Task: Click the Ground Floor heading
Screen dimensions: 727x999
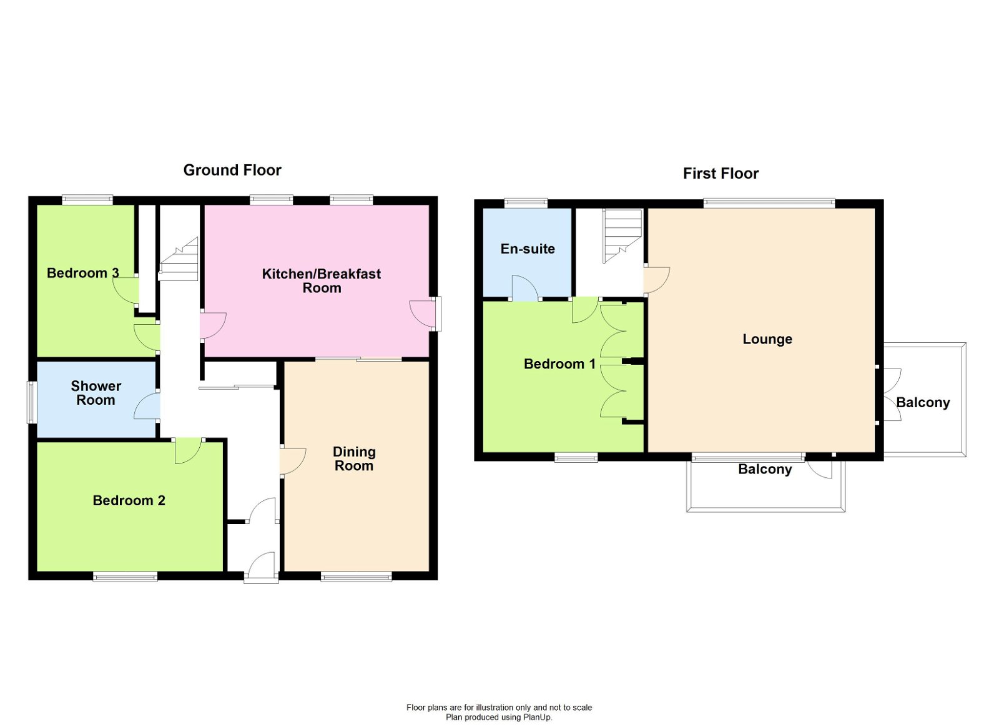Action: [232, 170]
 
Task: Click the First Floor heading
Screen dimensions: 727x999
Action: [721, 174]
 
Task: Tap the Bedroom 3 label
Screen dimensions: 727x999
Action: [82, 273]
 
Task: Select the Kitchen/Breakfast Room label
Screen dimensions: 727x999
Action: [322, 280]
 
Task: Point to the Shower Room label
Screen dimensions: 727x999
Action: [96, 393]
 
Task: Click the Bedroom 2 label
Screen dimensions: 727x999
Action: [129, 500]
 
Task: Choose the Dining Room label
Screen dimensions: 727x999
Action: [354, 458]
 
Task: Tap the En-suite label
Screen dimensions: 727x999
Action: [528, 249]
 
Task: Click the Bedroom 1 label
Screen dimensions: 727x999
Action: [559, 363]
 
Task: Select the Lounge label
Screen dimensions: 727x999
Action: [767, 339]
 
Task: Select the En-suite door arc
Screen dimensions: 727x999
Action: [524, 288]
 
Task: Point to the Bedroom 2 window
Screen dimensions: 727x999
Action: [125, 577]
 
